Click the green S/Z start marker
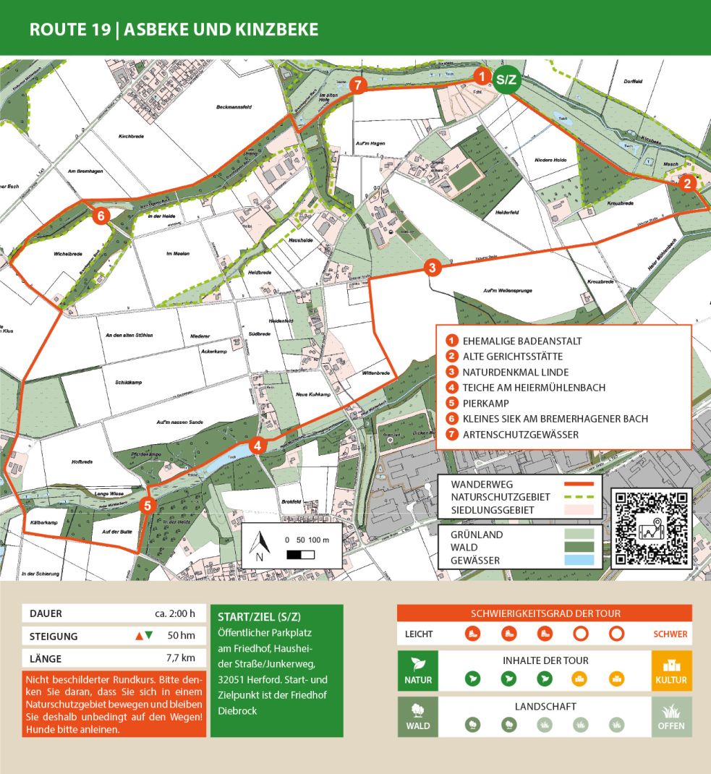[506, 80]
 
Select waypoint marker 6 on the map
[101, 216]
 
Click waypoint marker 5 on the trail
[148, 506]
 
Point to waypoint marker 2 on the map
[689, 184]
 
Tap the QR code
[651, 529]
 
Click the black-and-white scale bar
[301, 554]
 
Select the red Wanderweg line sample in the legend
[573, 483]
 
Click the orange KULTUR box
[671, 671]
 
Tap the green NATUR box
[418, 671]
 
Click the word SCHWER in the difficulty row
[670, 634]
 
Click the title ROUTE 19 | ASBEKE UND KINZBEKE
[174, 30]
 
